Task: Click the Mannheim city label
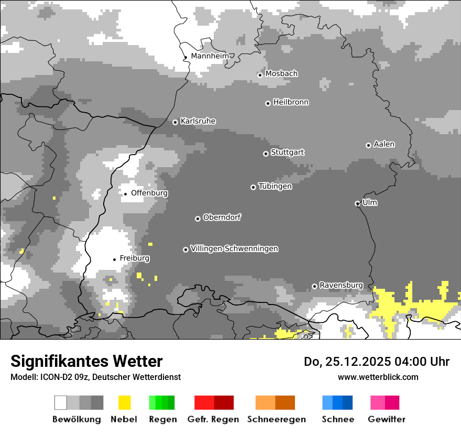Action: pos(210,56)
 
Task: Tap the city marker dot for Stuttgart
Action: pos(266,154)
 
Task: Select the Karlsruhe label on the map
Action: pos(198,121)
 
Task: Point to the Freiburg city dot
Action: pos(114,259)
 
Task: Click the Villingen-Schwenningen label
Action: pos(234,248)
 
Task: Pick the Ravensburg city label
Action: pos(341,285)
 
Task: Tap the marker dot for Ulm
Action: pos(357,203)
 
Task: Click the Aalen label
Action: pos(384,144)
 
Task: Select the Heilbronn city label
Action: pos(291,102)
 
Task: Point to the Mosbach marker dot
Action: pos(260,75)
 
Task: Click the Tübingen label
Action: pos(276,186)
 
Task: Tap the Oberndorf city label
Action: pos(222,217)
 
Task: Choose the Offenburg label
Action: pos(149,193)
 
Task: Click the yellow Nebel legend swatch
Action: pos(124,403)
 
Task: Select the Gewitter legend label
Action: pos(386,419)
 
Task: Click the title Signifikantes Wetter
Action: pos(86,361)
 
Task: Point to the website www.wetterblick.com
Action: pos(378,377)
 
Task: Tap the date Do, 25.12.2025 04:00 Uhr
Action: pos(376,362)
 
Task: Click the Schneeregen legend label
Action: pos(276,419)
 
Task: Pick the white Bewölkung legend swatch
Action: pos(61,403)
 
